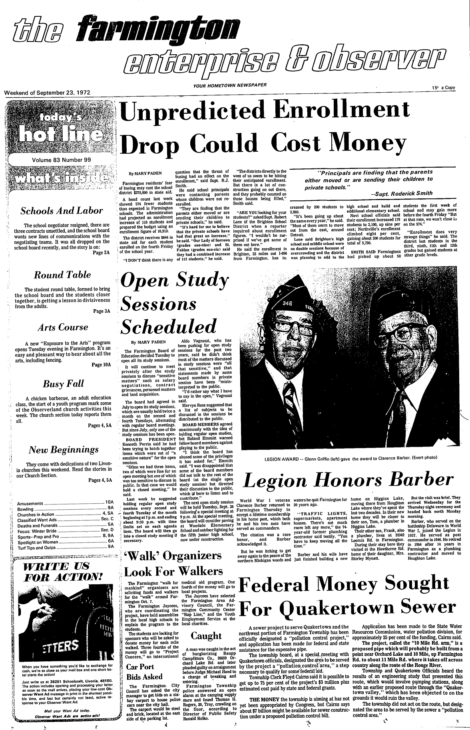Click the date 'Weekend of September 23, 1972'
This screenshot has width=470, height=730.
coord(47,93)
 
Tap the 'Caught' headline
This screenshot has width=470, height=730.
coord(206,635)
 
